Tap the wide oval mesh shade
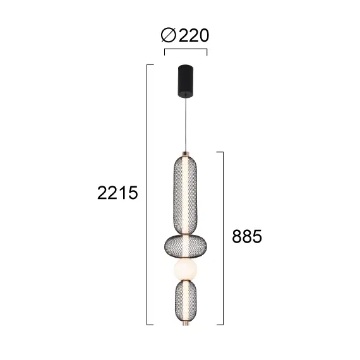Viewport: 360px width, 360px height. [x=186, y=246]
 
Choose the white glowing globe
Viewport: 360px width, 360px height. [x=186, y=271]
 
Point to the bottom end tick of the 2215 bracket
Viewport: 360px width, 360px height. [x=151, y=325]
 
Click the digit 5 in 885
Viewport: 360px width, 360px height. [x=255, y=236]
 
